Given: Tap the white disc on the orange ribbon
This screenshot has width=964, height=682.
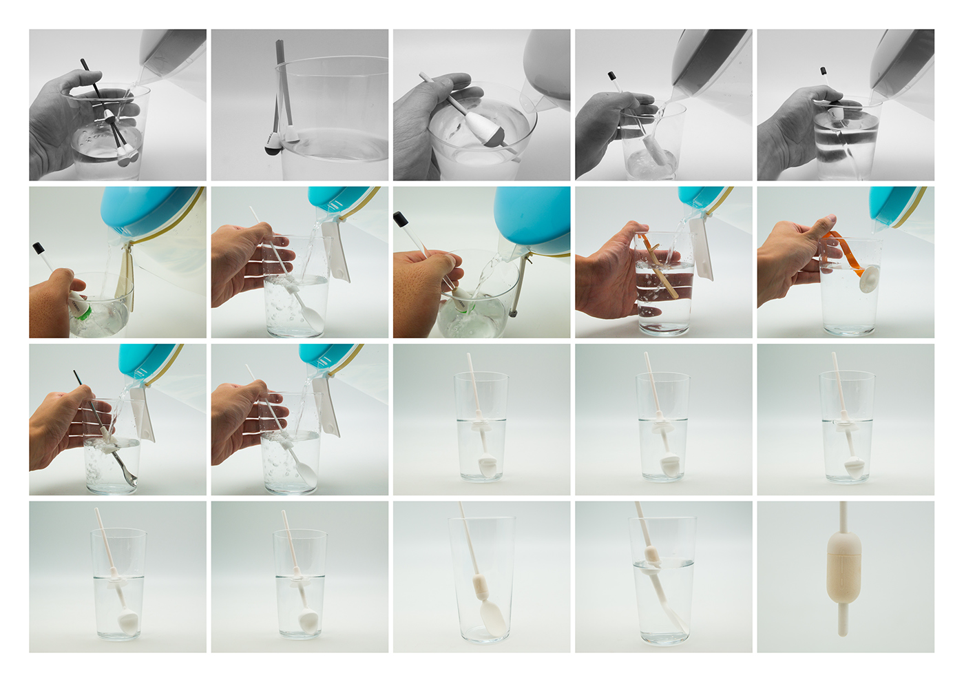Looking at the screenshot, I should tap(869, 278).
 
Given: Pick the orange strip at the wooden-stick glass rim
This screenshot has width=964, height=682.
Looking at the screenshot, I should tap(644, 240).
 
